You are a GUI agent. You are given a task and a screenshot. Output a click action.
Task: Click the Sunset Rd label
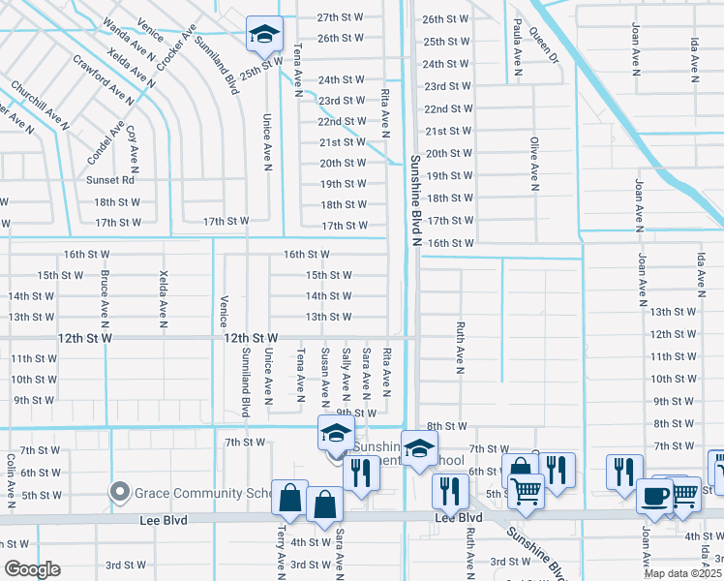[114, 179]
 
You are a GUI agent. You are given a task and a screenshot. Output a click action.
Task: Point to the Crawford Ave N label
[103, 78]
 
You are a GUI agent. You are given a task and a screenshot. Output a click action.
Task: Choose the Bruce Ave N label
[104, 296]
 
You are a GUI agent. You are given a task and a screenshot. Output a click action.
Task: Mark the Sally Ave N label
[347, 374]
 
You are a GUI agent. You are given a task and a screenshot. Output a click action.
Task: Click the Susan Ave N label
[325, 375]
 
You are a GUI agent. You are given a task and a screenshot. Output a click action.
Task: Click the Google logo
[31, 569]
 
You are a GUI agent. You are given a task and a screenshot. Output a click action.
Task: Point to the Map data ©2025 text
[683, 573]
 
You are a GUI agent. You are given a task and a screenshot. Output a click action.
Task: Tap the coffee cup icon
[655, 496]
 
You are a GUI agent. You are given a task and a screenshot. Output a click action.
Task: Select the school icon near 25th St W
[264, 35]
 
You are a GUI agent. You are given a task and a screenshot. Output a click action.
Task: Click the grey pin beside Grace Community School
[120, 492]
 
